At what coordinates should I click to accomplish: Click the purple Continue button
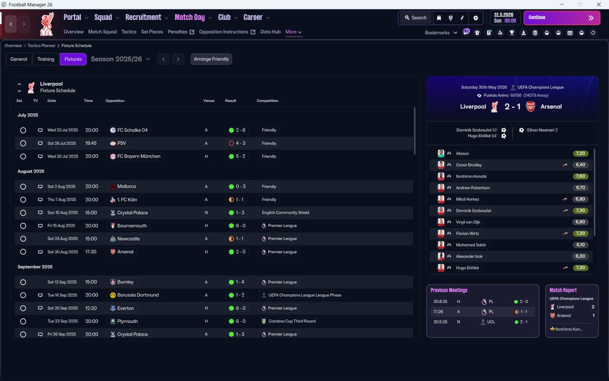click(562, 18)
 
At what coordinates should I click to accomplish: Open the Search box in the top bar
click(416, 18)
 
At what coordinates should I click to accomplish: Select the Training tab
click(46, 59)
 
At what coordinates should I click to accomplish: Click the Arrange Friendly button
click(211, 59)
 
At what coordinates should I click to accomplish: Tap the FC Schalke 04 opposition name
click(132, 130)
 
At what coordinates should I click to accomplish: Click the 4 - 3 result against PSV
click(237, 143)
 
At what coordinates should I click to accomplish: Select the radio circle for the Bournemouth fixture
click(23, 226)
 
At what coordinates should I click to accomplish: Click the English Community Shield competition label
click(285, 212)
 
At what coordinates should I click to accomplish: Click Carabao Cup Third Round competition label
click(292, 321)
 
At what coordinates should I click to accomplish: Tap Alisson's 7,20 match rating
click(580, 153)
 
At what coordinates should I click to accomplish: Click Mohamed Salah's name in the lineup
click(471, 245)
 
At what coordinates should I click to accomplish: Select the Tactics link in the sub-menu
click(129, 32)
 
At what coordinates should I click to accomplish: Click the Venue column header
click(209, 100)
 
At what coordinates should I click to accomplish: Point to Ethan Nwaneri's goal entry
click(542, 130)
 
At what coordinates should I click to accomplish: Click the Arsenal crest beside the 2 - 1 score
click(530, 107)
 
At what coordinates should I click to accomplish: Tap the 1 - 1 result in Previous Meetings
click(521, 311)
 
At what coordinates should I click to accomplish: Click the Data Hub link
click(271, 32)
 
